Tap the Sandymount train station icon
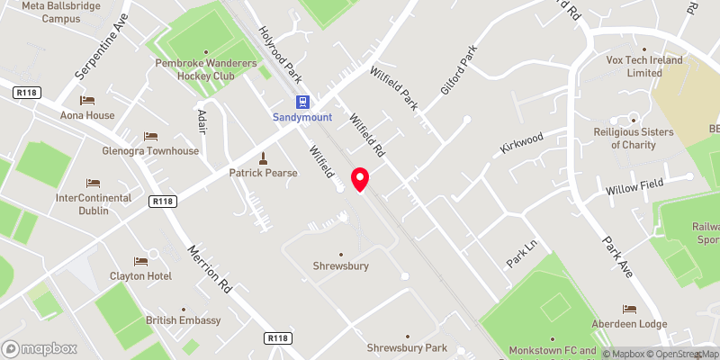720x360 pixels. tap(303, 103)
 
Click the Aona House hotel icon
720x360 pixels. tap(87, 101)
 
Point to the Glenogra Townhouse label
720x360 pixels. tap(150, 150)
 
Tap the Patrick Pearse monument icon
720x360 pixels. tap(263, 157)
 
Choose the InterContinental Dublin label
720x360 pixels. tap(94, 204)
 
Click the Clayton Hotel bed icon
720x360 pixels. tap(139, 261)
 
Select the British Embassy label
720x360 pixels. tap(183, 320)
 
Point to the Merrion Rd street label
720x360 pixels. tap(210, 268)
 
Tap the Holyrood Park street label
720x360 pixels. tap(280, 51)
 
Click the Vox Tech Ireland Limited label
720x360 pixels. tap(644, 67)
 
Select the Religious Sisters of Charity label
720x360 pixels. tap(633, 138)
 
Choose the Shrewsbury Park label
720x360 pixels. tap(406, 347)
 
